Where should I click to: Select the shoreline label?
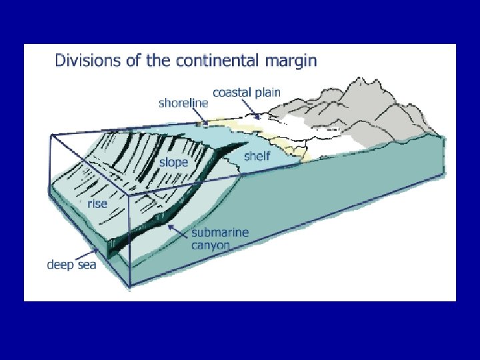pyautogui.click(x=183, y=103)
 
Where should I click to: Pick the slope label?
pyautogui.click(x=173, y=162)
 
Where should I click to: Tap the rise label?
pyautogui.click(x=97, y=203)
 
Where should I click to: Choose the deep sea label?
pyautogui.click(x=71, y=265)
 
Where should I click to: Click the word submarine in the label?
pyautogui.click(x=219, y=233)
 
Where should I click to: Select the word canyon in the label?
pyautogui.click(x=211, y=245)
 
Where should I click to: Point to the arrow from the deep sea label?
pyautogui.click(x=87, y=253)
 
